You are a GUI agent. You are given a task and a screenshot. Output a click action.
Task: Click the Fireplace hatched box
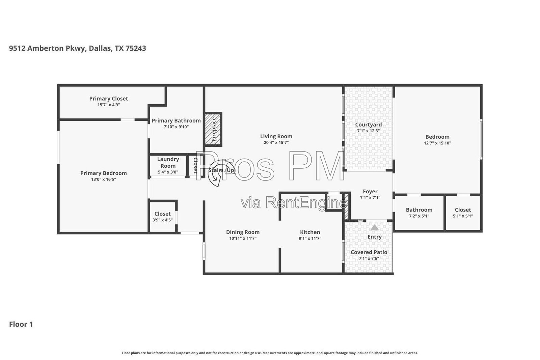point(213,129)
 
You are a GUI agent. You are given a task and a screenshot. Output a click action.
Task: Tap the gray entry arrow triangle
point(374,227)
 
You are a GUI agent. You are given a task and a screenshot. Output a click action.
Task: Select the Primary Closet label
point(108,99)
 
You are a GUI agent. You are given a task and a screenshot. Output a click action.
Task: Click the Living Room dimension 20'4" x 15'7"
point(276,142)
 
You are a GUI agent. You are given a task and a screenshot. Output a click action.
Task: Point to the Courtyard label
point(368,124)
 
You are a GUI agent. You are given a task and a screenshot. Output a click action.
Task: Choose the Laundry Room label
point(168,162)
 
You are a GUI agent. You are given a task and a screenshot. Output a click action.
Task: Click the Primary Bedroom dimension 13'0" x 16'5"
point(103,179)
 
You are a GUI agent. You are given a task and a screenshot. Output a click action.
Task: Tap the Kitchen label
point(310,232)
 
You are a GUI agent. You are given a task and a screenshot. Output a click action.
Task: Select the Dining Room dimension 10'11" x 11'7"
point(243,238)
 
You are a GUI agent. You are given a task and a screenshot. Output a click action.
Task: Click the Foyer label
point(370,192)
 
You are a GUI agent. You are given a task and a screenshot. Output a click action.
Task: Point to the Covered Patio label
point(369,252)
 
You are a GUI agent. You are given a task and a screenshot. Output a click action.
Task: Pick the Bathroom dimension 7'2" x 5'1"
point(419,216)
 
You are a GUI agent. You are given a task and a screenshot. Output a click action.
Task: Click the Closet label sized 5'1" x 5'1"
point(463,210)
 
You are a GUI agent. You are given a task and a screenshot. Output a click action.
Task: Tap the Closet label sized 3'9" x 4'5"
point(162,214)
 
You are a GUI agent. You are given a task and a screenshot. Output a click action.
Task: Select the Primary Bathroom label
point(176,121)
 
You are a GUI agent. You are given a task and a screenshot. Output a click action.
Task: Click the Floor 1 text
point(21,324)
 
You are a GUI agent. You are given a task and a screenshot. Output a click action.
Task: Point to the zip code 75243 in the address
point(136,49)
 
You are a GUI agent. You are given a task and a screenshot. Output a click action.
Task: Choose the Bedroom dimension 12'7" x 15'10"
point(437,143)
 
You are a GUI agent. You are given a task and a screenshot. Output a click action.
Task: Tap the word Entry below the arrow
point(374,237)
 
